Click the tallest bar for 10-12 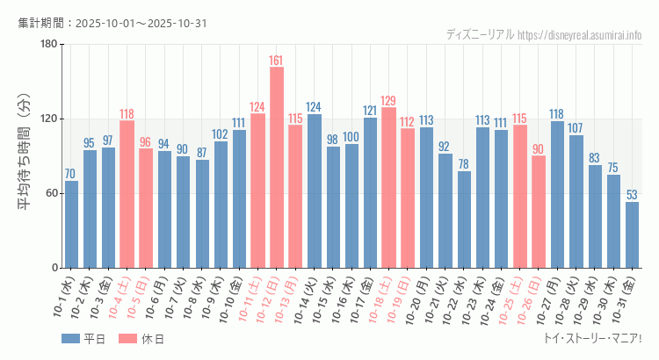click(276, 167)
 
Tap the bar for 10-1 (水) click(71, 224)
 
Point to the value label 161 click(276, 61)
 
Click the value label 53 click(632, 195)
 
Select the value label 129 click(388, 101)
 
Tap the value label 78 click(463, 164)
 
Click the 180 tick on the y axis click(48, 44)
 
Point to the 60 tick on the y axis click(51, 193)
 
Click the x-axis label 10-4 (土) click(121, 299)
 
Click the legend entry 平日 click(83, 339)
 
